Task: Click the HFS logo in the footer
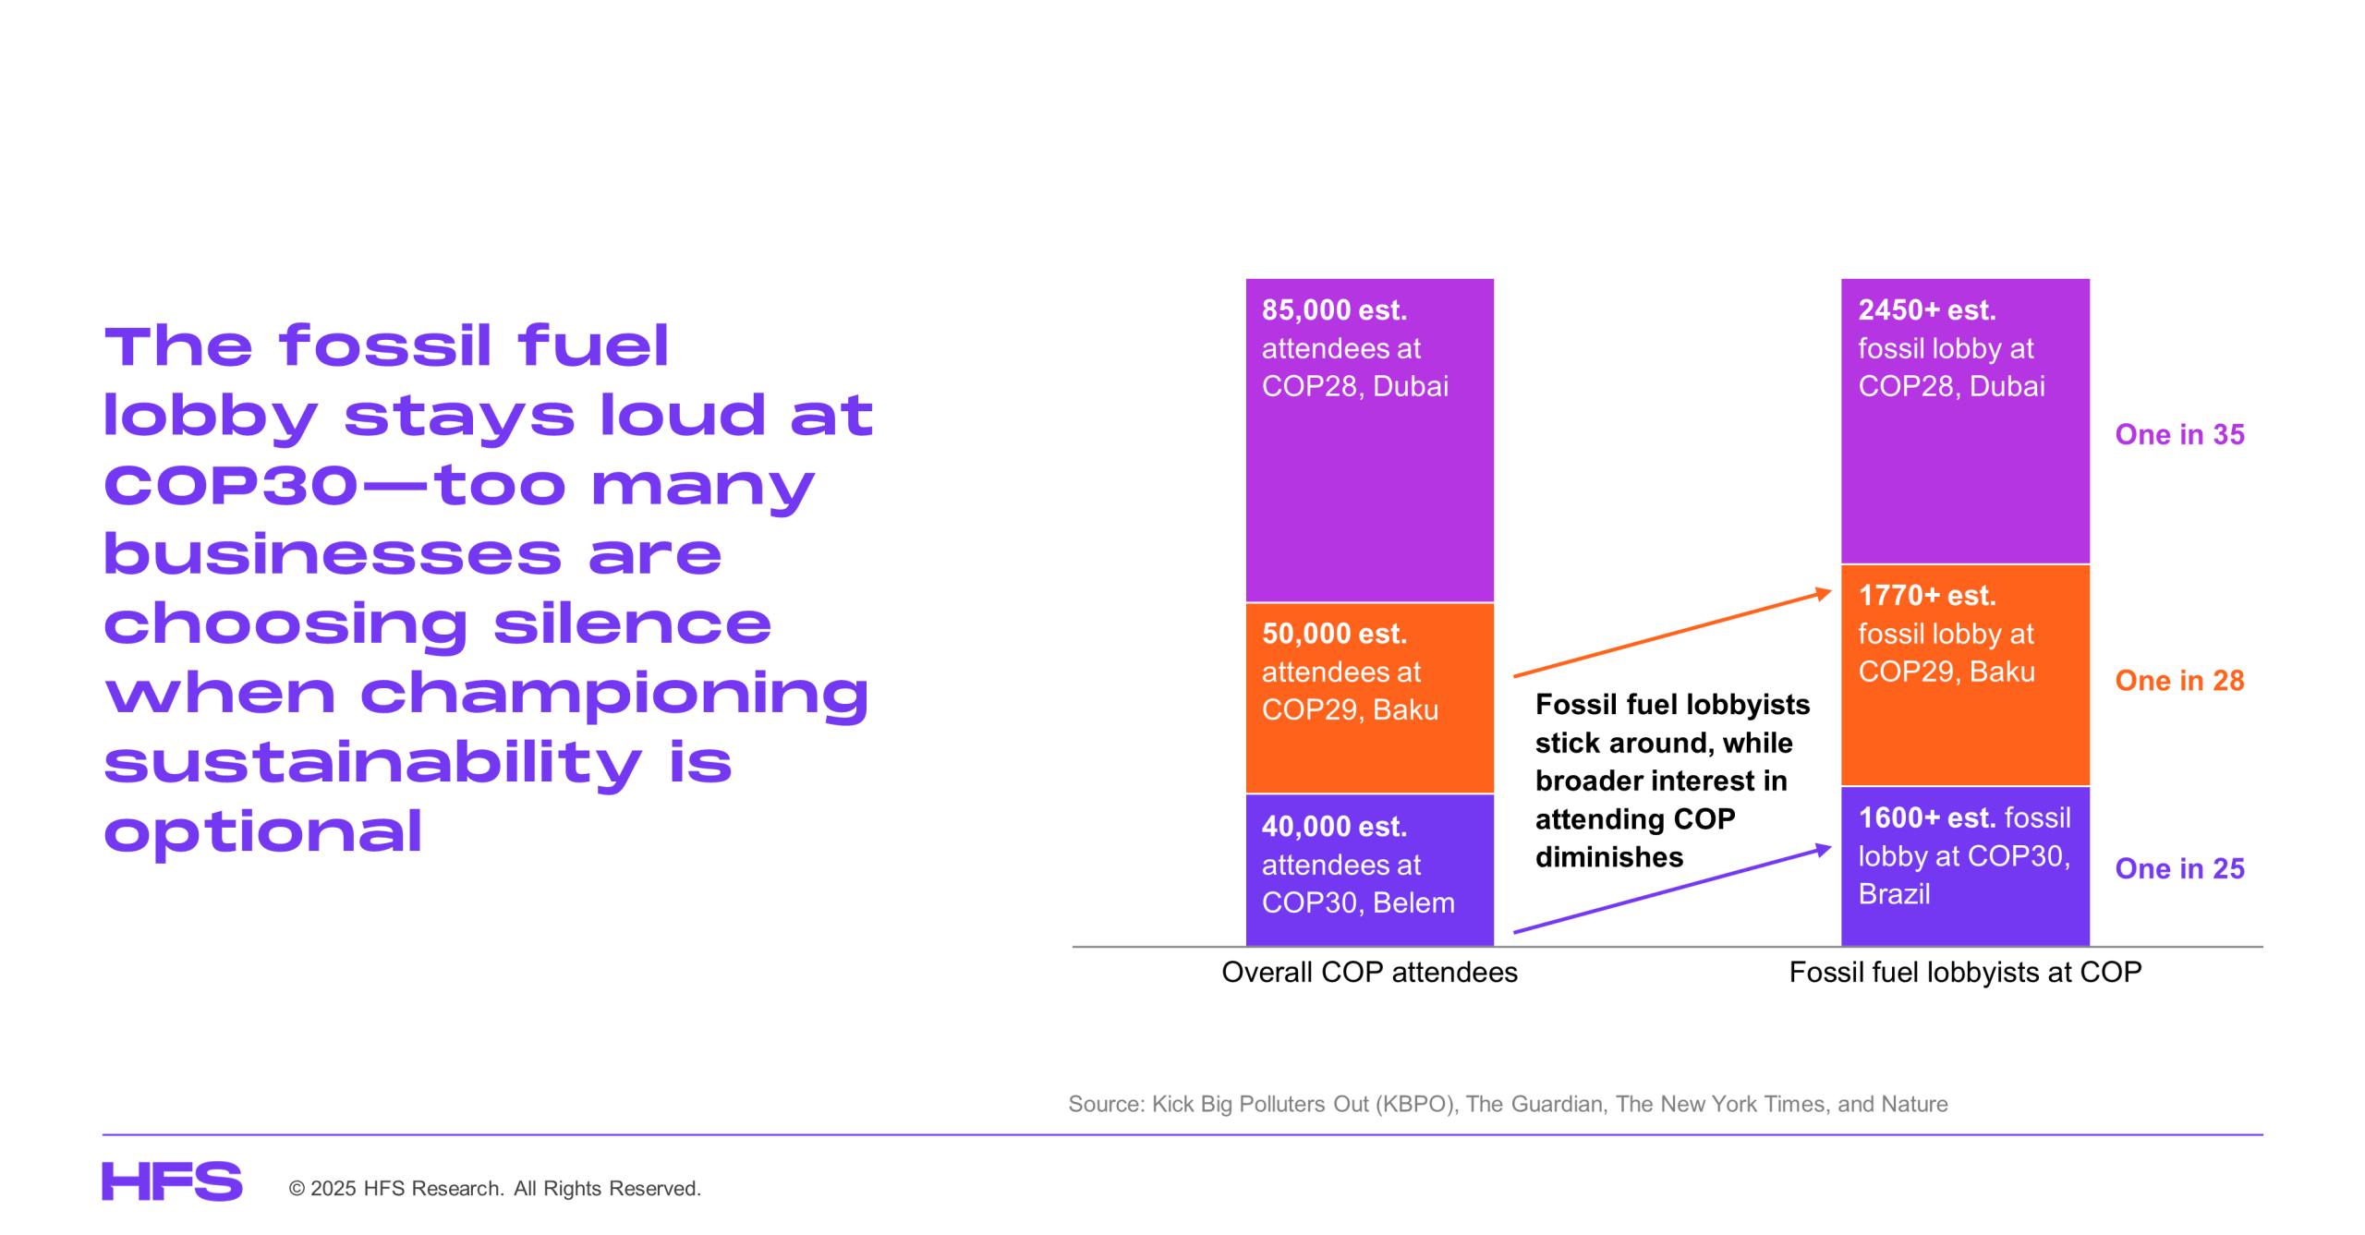[172, 1181]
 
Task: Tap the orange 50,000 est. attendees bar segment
[1369, 697]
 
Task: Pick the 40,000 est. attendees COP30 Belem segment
[1369, 869]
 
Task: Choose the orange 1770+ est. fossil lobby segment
[1964, 674]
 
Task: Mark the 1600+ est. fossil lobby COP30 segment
[1964, 866]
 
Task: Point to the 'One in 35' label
[2178, 434]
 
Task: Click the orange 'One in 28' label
[2178, 681]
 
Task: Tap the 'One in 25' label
[2178, 868]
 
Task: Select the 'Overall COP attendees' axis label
[1369, 972]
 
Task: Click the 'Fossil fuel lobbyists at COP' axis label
[1964, 972]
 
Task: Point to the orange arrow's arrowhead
[1824, 592]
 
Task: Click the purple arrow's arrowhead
[1824, 849]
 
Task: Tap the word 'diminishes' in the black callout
[1608, 857]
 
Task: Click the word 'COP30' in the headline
[230, 485]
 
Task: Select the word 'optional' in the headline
[263, 831]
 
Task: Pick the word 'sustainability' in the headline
[372, 764]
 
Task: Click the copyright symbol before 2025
[297, 1189]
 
